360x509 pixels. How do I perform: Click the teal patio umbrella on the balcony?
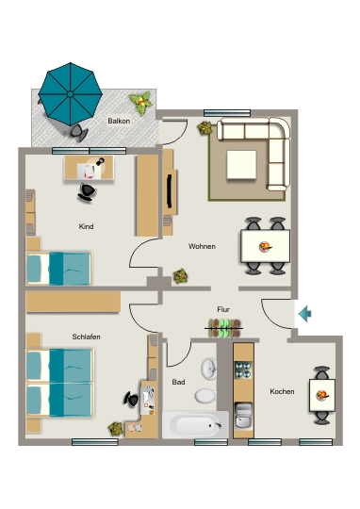coord(70,94)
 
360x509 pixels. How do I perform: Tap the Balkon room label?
coord(119,121)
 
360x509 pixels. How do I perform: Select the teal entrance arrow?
coord(304,314)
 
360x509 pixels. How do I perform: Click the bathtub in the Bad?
coord(195,424)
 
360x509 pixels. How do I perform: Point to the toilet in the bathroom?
coord(205,396)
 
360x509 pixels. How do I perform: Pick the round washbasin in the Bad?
coord(208,369)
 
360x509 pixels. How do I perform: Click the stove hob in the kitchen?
coord(243,369)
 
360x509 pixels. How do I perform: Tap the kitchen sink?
coord(243,416)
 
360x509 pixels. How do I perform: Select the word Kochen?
coord(282,391)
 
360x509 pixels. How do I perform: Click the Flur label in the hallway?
coord(223,309)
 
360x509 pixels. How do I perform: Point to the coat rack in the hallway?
coord(224,328)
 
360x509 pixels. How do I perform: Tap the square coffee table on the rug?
coord(241,165)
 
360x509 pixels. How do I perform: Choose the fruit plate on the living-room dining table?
coord(265,247)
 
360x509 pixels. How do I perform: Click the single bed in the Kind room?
coord(58,269)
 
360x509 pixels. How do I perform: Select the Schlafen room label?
coord(86,337)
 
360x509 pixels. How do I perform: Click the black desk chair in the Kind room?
coord(87,193)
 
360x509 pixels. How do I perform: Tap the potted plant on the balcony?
coord(140,103)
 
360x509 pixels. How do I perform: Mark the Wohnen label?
coord(202,246)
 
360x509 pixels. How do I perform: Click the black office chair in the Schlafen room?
coord(132,400)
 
